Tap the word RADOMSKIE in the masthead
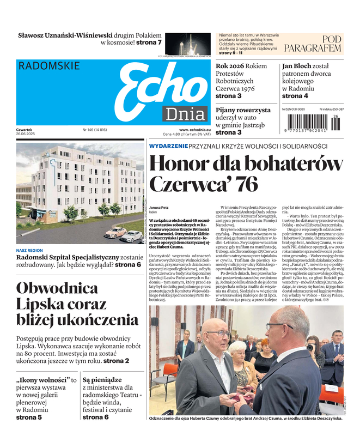click(48, 66)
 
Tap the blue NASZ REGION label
click(30, 251)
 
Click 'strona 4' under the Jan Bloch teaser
click(295, 96)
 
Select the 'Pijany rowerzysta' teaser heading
click(243, 110)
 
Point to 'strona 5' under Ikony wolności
click(29, 417)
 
